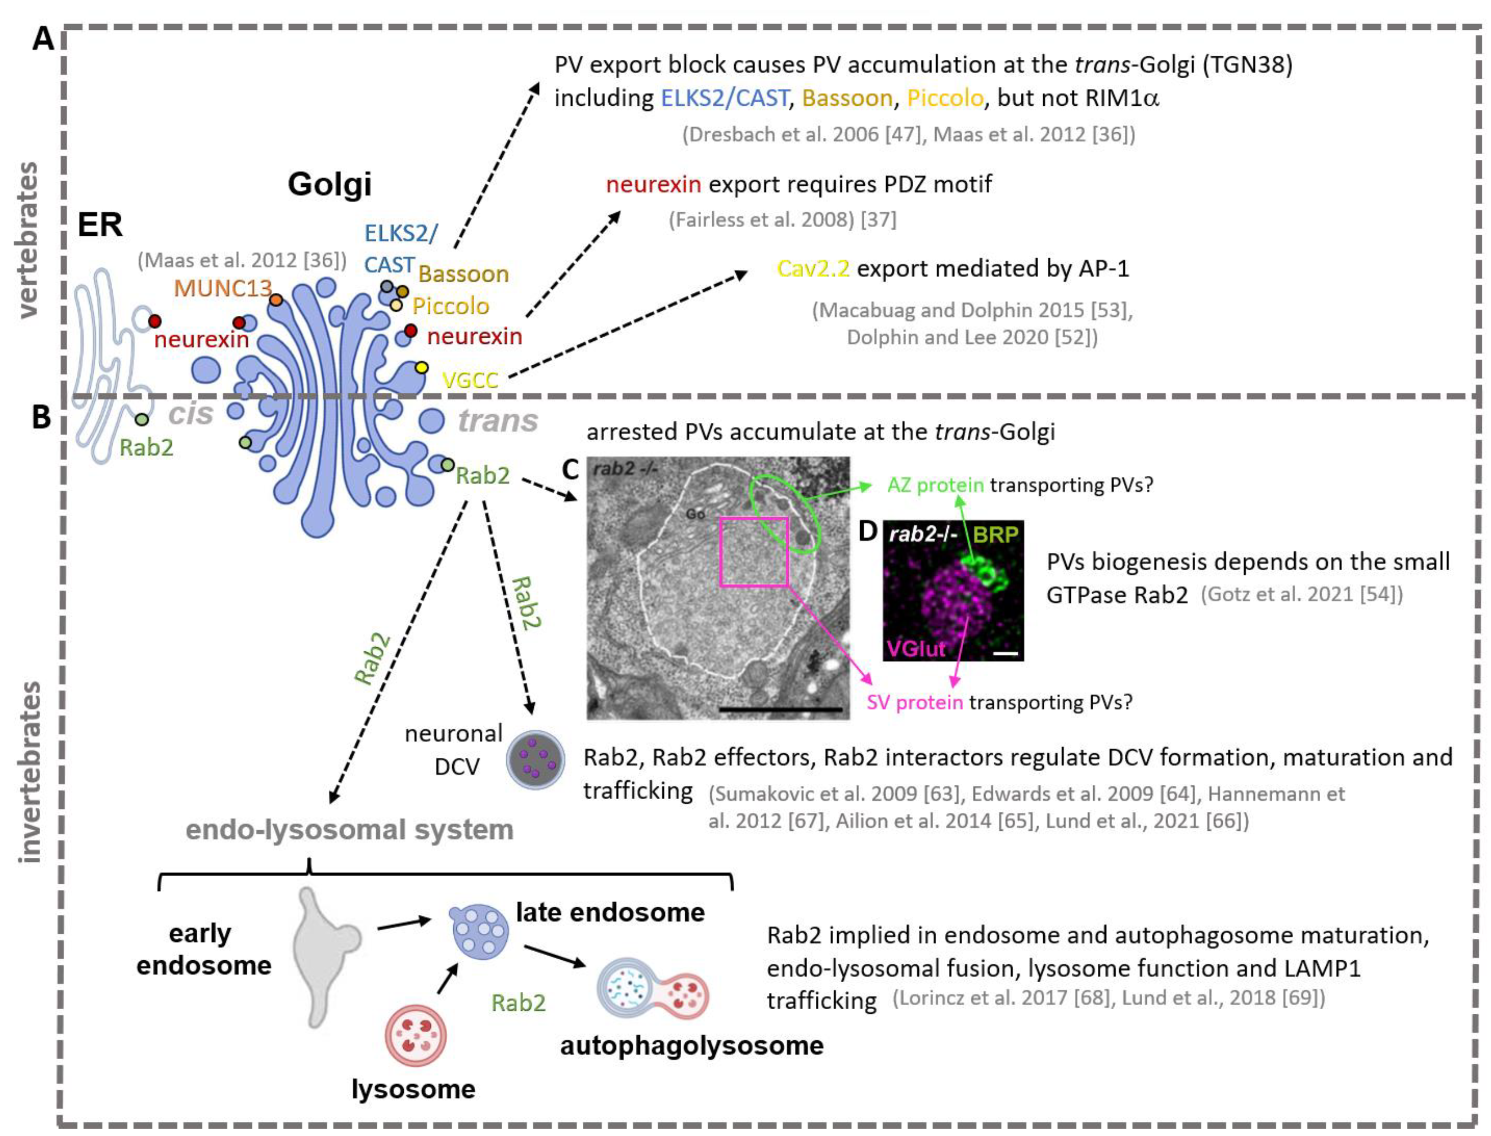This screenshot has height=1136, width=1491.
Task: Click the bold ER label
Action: coord(100,224)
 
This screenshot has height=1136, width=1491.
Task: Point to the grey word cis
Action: coord(191,414)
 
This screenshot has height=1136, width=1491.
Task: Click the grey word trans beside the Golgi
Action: coord(499,421)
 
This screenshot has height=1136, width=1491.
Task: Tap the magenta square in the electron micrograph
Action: coord(754,551)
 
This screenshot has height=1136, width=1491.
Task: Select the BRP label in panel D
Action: coord(995,535)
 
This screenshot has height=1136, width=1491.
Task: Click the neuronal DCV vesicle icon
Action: coord(536,761)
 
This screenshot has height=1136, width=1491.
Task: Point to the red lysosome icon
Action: coord(415,1034)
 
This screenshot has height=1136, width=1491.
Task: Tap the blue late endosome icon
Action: coord(479,932)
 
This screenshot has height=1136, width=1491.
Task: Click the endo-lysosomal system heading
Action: coord(350,830)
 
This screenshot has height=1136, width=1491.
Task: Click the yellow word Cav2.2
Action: coord(813,269)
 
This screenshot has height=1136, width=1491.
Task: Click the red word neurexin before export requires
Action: coord(652,184)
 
